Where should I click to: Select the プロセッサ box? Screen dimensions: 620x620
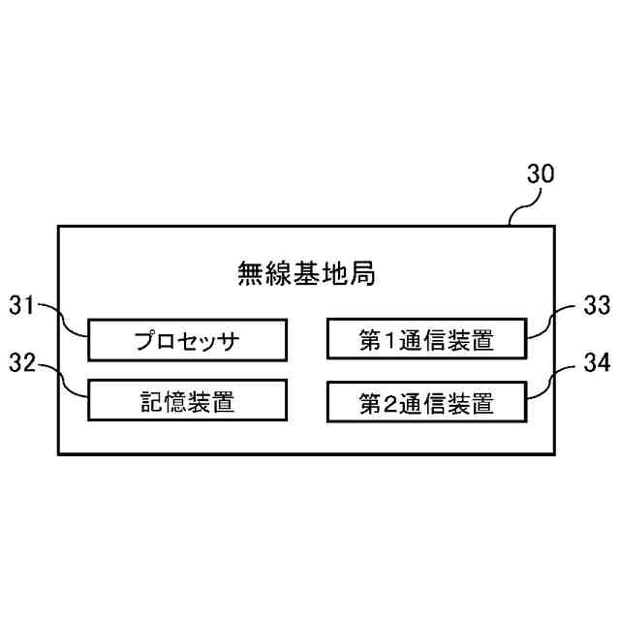pos(188,340)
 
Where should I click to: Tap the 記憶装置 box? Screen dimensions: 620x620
pos(188,399)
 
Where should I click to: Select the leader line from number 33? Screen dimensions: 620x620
pos(550,320)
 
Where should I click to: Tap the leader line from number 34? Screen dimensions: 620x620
pos(550,381)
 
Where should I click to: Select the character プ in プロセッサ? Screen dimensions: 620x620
pos(145,341)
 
